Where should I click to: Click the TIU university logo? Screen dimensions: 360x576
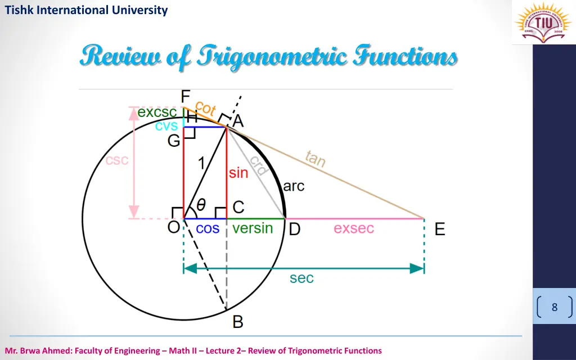[x=539, y=22]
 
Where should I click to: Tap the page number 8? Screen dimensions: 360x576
[x=555, y=308]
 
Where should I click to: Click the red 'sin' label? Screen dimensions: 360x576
[x=238, y=173]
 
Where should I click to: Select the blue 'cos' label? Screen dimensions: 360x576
[x=208, y=229]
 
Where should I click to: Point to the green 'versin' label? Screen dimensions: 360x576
[x=253, y=228]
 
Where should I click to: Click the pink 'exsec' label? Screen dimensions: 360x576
[x=354, y=229]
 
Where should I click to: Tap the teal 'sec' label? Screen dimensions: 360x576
[x=301, y=278]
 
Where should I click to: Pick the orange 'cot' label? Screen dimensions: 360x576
[x=205, y=109]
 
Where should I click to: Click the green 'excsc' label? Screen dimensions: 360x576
[x=157, y=112]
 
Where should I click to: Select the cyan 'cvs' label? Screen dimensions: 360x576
[x=166, y=126]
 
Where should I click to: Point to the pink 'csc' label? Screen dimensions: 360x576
[x=117, y=160]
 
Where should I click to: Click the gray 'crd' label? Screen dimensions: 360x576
[x=258, y=165]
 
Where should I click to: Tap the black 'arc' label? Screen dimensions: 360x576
[x=294, y=186]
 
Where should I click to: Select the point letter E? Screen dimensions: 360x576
[x=440, y=229]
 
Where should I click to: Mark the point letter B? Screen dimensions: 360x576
[x=238, y=322]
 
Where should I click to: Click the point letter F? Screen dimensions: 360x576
[x=186, y=97]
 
